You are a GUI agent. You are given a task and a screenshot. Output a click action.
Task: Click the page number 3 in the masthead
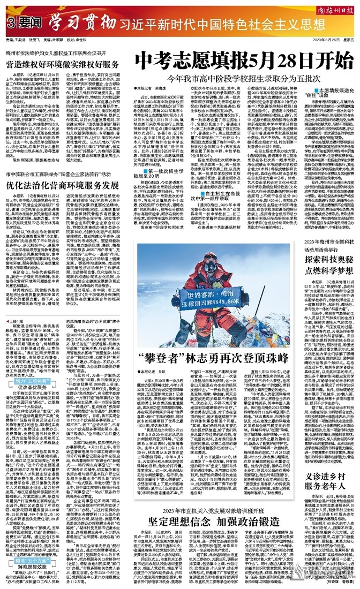coord(11,23)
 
